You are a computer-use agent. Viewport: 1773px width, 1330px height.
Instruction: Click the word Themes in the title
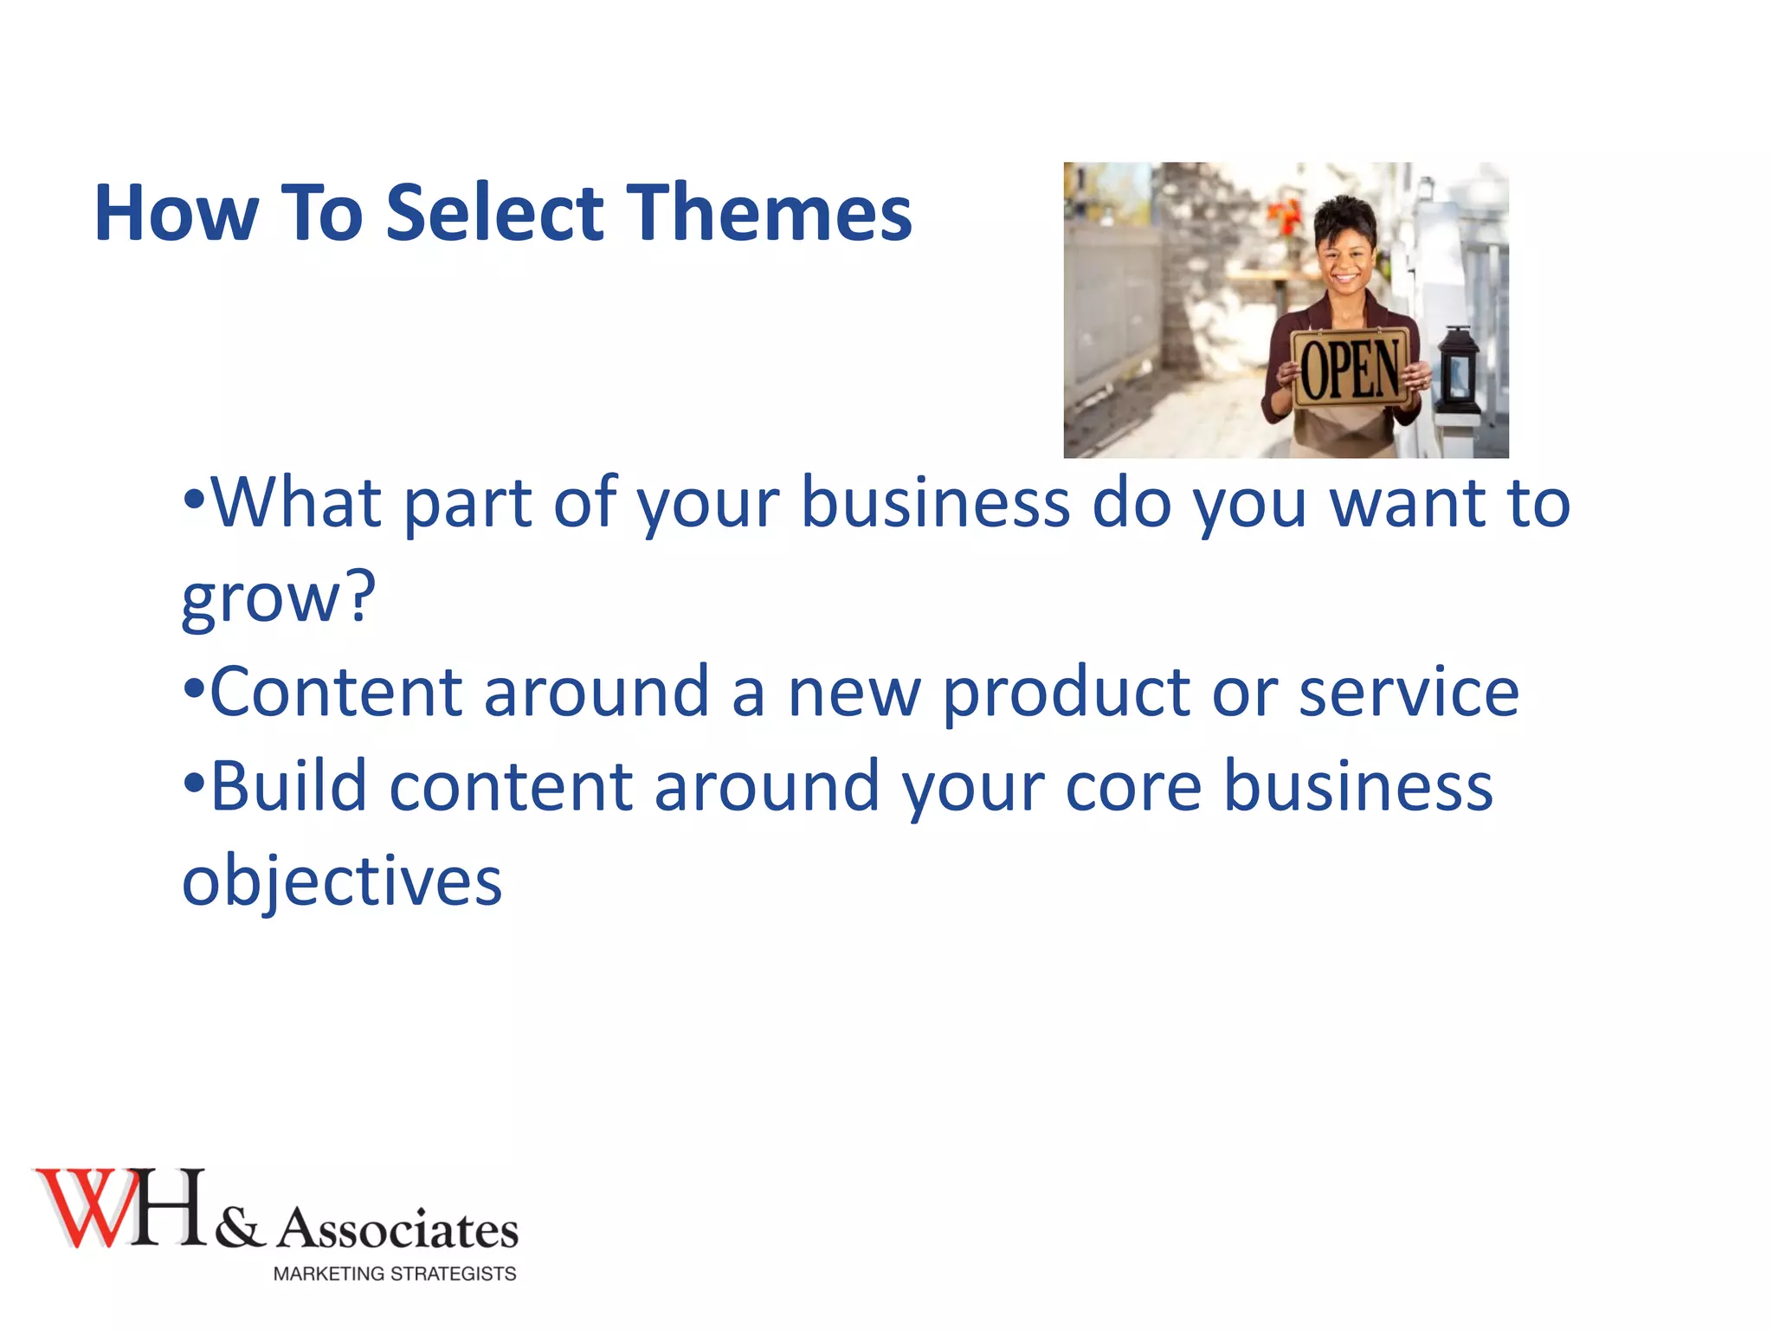[x=769, y=213]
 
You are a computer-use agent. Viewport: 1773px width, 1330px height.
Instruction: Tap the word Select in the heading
[x=494, y=213]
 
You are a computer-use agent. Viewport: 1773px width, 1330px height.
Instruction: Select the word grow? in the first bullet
[x=279, y=597]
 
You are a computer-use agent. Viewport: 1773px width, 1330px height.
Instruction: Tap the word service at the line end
[x=1409, y=693]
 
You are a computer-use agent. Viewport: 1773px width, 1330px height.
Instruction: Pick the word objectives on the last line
[x=342, y=881]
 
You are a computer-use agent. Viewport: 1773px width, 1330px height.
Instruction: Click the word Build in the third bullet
[x=289, y=786]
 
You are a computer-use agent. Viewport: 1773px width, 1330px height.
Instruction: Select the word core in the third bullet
[x=1133, y=786]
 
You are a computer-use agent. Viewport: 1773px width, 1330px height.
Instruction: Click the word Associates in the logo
[x=398, y=1230]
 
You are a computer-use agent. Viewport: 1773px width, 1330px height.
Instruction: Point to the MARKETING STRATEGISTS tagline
[x=395, y=1274]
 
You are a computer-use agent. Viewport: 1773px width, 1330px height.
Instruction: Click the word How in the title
[x=177, y=213]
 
